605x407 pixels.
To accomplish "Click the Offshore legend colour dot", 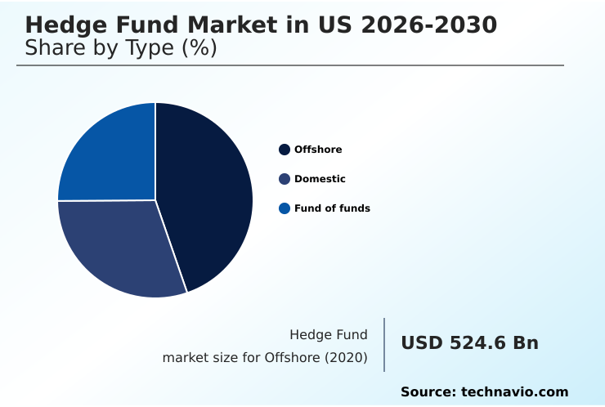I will pos(285,150).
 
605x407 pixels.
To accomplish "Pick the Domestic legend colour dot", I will pos(285,179).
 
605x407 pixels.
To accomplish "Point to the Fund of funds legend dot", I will pos(285,208).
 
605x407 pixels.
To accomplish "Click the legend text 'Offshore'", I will pos(318,150).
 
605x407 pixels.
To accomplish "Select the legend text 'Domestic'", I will pos(320,179).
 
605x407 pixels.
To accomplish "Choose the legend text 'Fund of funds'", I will pos(332,208).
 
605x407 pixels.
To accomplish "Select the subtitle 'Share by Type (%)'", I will pos(121,48).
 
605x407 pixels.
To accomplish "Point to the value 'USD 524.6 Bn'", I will pos(469,343).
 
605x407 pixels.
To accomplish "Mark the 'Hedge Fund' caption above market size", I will pos(329,334).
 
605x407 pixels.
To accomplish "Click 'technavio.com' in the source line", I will pos(514,392).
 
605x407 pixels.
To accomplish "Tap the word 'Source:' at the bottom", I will pos(428,392).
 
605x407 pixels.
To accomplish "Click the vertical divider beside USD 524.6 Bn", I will pos(384,345).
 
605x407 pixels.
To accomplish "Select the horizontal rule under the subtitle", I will pos(290,65).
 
